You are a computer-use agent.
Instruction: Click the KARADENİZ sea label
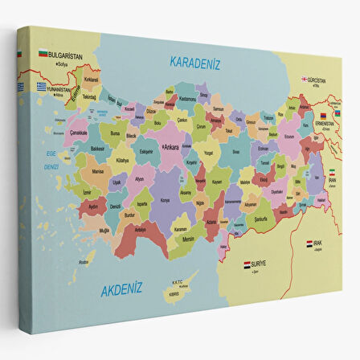tap(194, 63)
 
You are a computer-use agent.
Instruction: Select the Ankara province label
tap(171, 147)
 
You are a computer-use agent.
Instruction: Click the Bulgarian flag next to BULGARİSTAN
tap(42, 54)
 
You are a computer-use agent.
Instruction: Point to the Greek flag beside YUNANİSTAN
tap(42, 86)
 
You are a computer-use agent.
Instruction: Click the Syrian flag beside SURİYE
tap(247, 263)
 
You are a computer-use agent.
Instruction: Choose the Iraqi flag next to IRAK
tap(309, 242)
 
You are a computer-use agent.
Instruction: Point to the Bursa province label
tap(115, 133)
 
